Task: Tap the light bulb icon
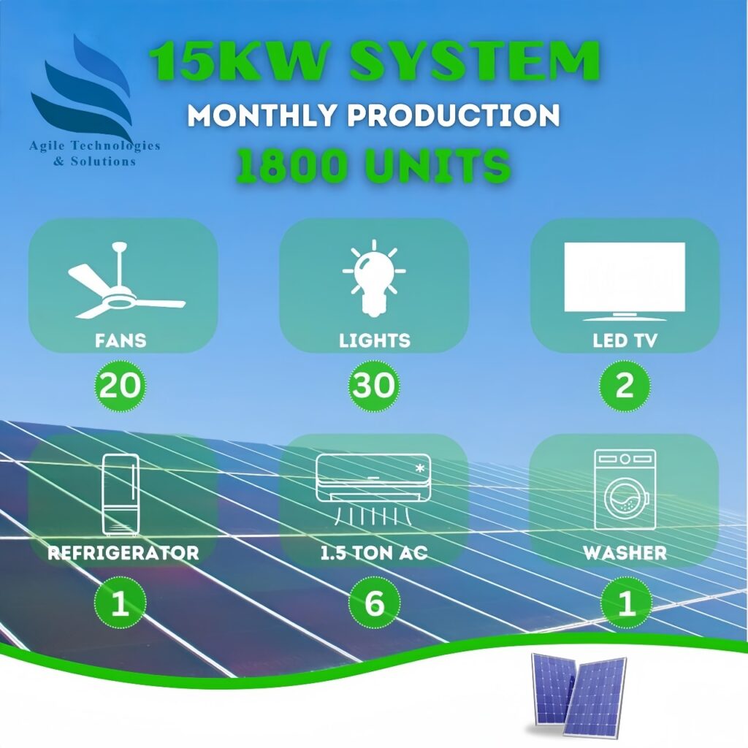pyautogui.click(x=374, y=278)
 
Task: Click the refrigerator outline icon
pyautogui.click(x=121, y=495)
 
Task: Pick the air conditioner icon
pyautogui.click(x=373, y=489)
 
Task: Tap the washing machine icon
pyautogui.click(x=625, y=489)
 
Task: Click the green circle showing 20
pyautogui.click(x=121, y=386)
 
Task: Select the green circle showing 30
pyautogui.click(x=374, y=386)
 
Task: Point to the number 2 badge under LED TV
pyautogui.click(x=625, y=386)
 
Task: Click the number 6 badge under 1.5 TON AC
pyautogui.click(x=374, y=603)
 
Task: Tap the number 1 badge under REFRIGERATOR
pyautogui.click(x=121, y=603)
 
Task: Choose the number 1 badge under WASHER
pyautogui.click(x=626, y=603)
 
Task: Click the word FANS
pyautogui.click(x=121, y=340)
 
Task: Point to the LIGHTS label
pyautogui.click(x=375, y=340)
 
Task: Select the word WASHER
pyautogui.click(x=625, y=553)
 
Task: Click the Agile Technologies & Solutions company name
pyautogui.click(x=94, y=153)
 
